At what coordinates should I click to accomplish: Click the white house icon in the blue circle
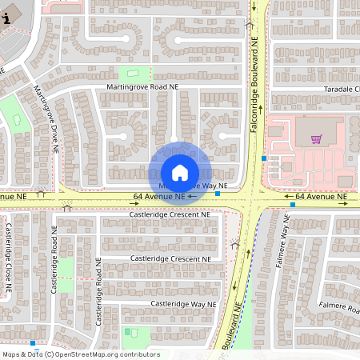[x=180, y=172]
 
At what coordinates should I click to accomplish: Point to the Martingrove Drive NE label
[x=46, y=120]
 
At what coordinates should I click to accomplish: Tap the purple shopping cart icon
[x=317, y=139]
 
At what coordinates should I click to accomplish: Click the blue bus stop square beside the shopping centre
[x=264, y=158]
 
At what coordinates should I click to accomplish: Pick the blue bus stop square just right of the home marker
[x=218, y=194]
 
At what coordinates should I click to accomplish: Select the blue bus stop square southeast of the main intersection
[x=293, y=205]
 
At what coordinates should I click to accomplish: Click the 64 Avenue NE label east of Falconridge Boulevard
[x=321, y=196]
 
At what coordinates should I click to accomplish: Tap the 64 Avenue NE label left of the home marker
[x=159, y=196]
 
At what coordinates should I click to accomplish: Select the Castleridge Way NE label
[x=183, y=304]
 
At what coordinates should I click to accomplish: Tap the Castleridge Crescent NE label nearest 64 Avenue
[x=170, y=215]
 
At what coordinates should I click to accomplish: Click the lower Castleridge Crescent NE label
[x=170, y=259]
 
